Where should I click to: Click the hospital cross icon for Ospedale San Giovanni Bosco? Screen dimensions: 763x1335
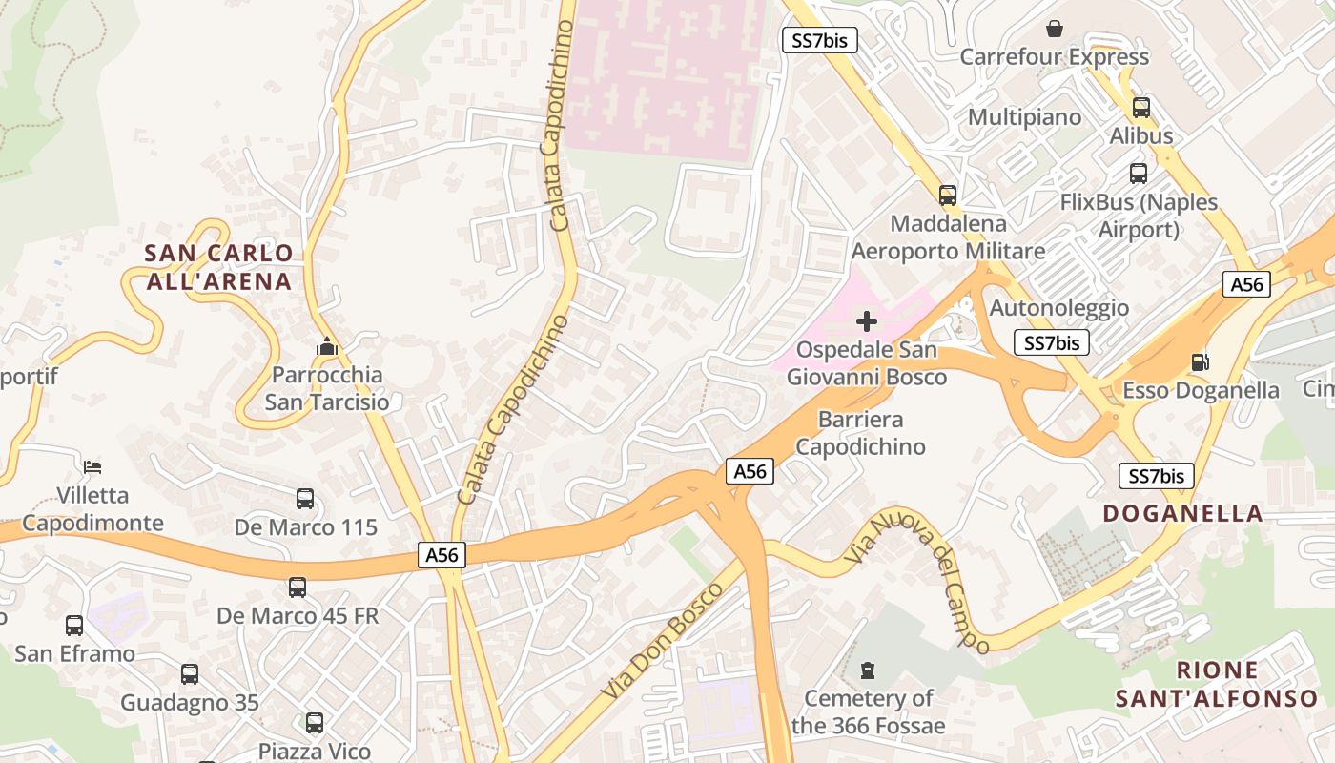867,320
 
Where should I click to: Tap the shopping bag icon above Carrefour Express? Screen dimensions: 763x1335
1055,29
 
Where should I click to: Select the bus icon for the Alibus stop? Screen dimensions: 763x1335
1140,108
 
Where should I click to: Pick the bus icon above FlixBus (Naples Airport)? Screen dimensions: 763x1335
1139,174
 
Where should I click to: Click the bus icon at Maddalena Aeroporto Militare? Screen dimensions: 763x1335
947,196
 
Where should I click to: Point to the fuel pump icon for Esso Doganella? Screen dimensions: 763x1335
1200,362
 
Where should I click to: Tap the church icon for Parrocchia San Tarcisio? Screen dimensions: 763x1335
327,347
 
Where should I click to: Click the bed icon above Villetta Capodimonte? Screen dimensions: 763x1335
92,467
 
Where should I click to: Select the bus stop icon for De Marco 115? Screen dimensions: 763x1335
305,499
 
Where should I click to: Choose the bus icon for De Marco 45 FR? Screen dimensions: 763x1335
298,588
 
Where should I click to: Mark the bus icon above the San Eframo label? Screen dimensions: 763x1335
74,626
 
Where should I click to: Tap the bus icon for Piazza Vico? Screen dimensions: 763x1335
315,723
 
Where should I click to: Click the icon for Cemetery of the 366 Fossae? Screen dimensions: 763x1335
868,670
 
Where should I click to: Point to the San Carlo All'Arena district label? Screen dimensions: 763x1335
218,267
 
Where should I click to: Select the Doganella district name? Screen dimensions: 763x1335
1182,513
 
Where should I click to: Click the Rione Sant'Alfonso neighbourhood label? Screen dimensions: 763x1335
1217,684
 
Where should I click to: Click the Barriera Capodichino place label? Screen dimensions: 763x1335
860,433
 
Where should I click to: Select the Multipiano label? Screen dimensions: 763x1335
1025,117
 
